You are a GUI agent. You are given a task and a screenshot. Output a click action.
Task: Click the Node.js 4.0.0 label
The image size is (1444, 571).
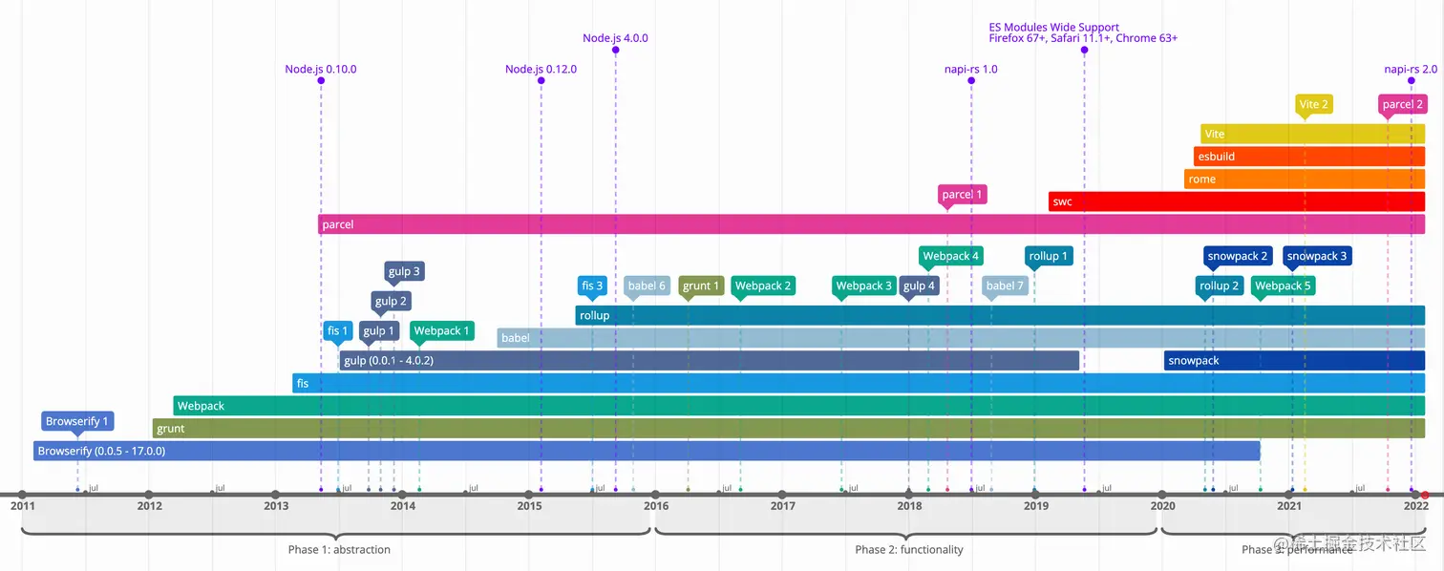[615, 38]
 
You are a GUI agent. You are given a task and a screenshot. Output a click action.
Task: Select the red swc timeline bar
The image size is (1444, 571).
[1236, 201]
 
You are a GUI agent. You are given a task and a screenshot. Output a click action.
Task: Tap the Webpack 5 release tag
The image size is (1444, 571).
[1283, 285]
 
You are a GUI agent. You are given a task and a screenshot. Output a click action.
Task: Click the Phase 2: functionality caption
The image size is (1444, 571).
[908, 549]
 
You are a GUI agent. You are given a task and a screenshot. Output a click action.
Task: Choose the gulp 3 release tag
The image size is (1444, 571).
[403, 271]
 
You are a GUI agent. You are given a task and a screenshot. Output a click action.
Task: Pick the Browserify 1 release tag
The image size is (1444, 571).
[77, 421]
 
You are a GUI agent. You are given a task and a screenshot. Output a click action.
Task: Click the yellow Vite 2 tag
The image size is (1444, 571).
[1313, 104]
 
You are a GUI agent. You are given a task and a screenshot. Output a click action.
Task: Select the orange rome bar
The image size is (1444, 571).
[1304, 179]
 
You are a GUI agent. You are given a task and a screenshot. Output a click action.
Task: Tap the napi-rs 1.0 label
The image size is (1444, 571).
[970, 69]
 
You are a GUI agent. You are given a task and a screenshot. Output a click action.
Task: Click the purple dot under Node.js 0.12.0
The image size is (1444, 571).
[541, 80]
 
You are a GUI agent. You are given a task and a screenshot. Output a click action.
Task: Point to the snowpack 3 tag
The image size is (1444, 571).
[1316, 256]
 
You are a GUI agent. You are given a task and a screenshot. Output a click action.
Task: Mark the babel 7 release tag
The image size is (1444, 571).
[1005, 285]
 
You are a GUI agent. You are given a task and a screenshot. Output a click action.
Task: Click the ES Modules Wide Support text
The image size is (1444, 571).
[1053, 28]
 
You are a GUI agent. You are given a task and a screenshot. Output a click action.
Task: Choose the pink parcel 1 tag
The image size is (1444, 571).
[962, 195]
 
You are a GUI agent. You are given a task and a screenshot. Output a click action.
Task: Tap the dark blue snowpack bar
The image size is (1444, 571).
[1294, 361]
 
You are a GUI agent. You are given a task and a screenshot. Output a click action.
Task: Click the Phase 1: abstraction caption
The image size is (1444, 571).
[339, 549]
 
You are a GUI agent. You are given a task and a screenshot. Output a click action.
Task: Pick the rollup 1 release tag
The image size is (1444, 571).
[1048, 256]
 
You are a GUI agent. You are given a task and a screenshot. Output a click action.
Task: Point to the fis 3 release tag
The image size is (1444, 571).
[592, 285]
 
